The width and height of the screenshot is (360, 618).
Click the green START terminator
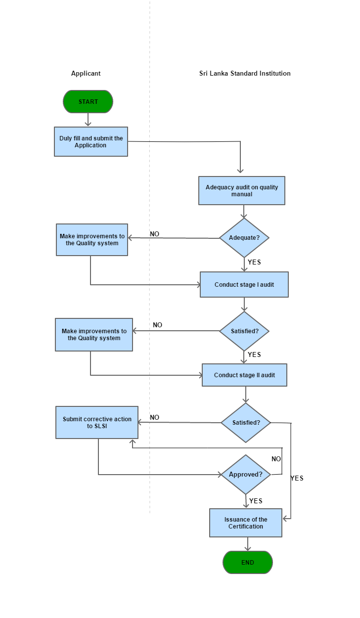tap(88, 102)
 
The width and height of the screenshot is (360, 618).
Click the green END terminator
tap(247, 563)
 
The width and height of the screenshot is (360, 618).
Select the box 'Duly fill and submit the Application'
tap(91, 142)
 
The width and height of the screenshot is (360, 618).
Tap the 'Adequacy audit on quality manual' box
tap(242, 191)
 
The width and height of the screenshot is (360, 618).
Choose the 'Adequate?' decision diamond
tap(244, 238)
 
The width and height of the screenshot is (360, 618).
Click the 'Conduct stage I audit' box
tap(244, 285)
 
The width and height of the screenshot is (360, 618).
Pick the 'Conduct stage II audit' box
tap(244, 375)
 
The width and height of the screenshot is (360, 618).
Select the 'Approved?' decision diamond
tap(246, 475)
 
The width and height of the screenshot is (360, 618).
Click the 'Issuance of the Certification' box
tap(246, 523)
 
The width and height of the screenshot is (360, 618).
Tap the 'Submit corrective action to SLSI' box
tap(97, 423)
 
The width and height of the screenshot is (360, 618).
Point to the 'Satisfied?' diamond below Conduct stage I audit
tap(244, 331)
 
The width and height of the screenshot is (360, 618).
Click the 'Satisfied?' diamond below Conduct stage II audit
tap(246, 423)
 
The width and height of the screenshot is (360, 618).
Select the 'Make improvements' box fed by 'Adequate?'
tap(92, 240)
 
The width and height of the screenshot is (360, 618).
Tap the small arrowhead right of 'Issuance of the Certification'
tap(286, 519)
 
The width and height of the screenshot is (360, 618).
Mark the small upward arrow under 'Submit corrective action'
tap(132, 443)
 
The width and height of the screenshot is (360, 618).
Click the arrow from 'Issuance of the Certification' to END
tap(247, 544)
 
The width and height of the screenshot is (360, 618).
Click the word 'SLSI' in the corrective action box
tap(101, 426)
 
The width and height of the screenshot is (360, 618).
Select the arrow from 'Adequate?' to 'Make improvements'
tap(173, 238)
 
